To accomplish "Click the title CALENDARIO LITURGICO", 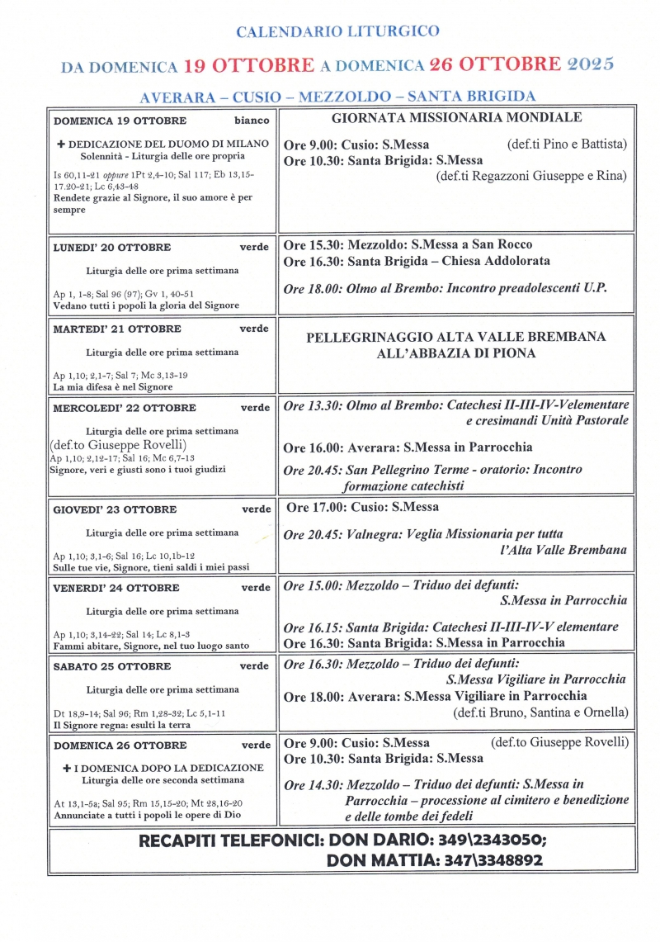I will coord(337,31).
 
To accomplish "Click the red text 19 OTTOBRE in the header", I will coord(248,65).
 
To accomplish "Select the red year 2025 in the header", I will coord(588,64).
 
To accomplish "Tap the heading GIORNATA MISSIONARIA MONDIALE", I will coord(456,118).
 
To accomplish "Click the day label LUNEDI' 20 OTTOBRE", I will coord(112,247).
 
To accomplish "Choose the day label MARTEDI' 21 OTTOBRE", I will coord(116,329).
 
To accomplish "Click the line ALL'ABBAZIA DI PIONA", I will coord(456,353).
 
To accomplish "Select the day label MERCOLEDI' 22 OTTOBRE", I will coord(125,408).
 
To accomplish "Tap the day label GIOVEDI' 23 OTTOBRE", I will coord(115,509).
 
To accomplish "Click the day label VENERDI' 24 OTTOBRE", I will coord(116,588).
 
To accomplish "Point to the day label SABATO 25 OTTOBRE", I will coord(112,666).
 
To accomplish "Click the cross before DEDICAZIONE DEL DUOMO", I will coord(60,144).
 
